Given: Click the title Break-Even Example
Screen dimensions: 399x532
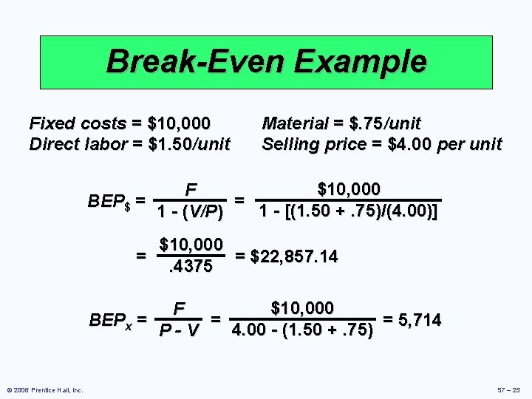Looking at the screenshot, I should [x=266, y=61].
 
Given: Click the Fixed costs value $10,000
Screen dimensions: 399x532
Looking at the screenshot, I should [x=180, y=123].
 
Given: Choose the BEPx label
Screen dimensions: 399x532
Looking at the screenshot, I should [x=111, y=321].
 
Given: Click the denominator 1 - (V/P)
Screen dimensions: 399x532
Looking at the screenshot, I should [x=190, y=212].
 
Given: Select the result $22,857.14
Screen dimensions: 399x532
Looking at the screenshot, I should [x=294, y=256].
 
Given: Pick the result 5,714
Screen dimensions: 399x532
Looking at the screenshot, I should [x=417, y=320].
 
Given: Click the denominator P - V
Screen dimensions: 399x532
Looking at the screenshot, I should [x=180, y=330].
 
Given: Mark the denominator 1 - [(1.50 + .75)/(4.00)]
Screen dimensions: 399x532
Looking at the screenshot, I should [x=348, y=211].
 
